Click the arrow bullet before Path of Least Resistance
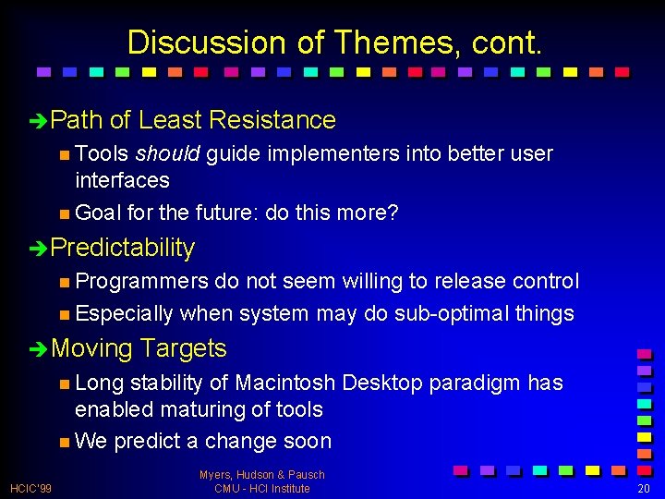(37, 121)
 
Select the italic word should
(168, 153)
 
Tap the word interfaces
(122, 180)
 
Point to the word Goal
(98, 213)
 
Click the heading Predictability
(123, 248)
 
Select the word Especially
(124, 314)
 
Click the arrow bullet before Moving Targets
(37, 349)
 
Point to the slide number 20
(645, 488)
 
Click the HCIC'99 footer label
(31, 488)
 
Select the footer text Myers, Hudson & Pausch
(262, 475)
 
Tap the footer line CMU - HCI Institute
(262, 488)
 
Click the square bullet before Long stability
(63, 383)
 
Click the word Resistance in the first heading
(272, 120)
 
